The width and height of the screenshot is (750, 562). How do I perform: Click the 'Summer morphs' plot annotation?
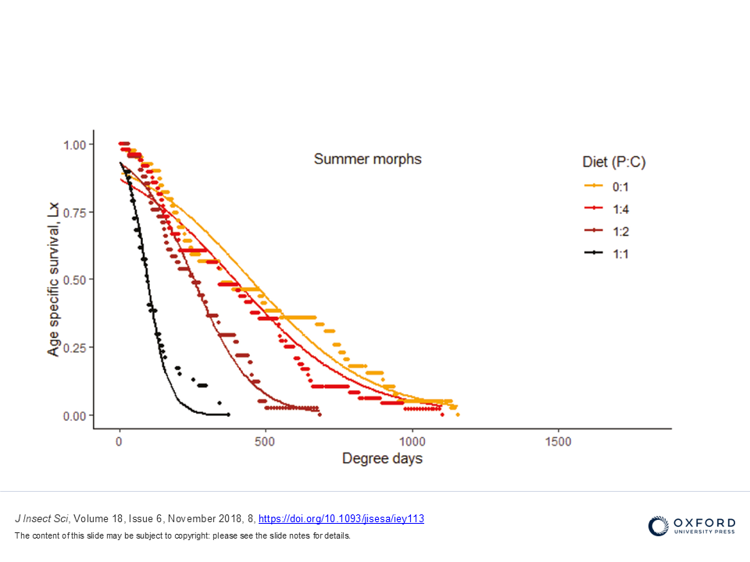tap(367, 159)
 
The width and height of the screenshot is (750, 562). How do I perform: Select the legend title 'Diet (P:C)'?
tap(614, 162)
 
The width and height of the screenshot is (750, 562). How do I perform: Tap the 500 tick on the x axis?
tap(266, 442)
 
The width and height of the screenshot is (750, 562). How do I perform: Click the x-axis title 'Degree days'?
tap(382, 459)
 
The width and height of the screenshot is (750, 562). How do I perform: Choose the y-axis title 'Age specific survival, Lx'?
tap(53, 279)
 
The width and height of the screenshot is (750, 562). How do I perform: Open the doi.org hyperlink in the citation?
tap(341, 518)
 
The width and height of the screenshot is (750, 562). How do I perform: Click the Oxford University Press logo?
tap(691, 525)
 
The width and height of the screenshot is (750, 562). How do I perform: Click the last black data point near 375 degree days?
tap(228, 414)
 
